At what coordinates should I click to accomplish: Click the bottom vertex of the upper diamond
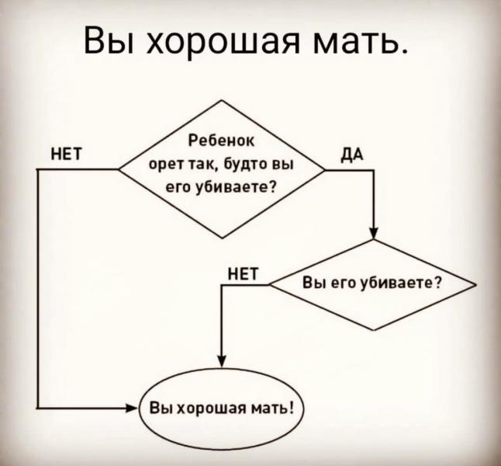(x=223, y=238)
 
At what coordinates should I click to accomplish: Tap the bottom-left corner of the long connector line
(x=38, y=408)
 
